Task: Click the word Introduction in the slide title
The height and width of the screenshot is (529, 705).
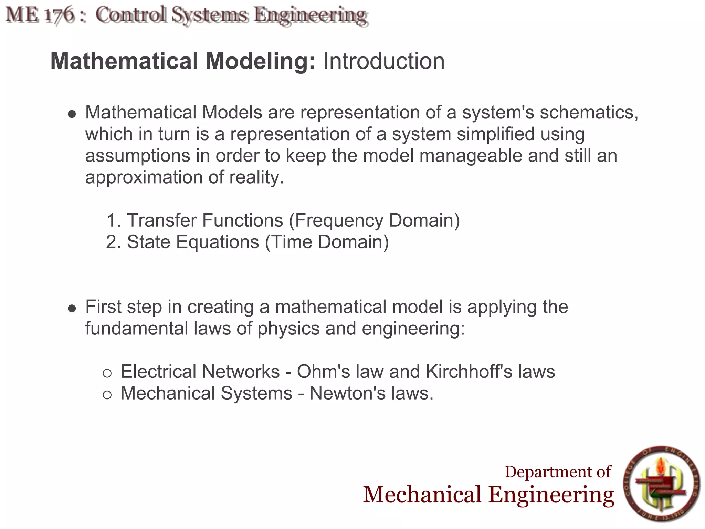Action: click(x=383, y=61)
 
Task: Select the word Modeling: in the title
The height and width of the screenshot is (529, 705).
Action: click(x=260, y=61)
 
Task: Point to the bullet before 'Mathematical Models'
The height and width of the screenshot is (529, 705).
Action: click(x=72, y=114)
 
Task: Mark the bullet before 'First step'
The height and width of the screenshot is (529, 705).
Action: click(x=72, y=308)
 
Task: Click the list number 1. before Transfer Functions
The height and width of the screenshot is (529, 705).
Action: click(x=114, y=220)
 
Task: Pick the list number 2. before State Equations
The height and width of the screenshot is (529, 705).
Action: click(x=114, y=242)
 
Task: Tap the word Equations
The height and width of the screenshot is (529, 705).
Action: click(x=218, y=242)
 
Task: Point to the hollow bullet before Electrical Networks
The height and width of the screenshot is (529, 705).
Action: click(x=107, y=373)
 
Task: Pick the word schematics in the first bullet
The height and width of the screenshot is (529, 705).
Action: click(x=589, y=113)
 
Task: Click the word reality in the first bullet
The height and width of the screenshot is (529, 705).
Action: click(x=256, y=178)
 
